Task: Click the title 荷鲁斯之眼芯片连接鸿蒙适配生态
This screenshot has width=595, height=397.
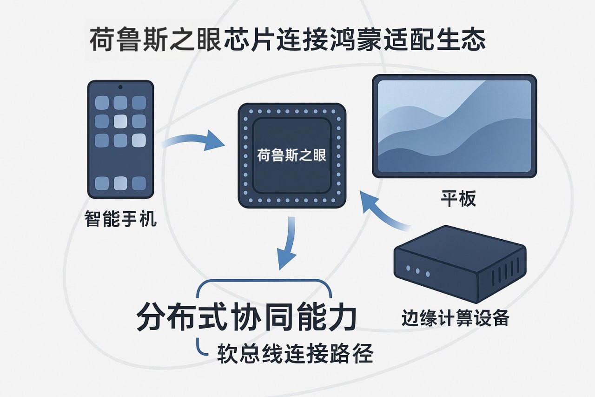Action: point(287,39)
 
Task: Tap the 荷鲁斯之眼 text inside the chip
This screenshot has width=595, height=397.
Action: point(291,155)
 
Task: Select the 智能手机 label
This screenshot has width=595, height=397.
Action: point(120,219)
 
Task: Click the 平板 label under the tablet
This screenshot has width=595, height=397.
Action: point(458,199)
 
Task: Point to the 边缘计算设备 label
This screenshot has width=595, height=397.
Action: point(455,318)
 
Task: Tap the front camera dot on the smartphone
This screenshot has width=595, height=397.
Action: point(120,87)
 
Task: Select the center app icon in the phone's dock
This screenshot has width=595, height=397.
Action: point(120,183)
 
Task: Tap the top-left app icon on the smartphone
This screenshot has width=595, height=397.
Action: point(102,103)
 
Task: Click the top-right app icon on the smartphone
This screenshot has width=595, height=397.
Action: point(139,103)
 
